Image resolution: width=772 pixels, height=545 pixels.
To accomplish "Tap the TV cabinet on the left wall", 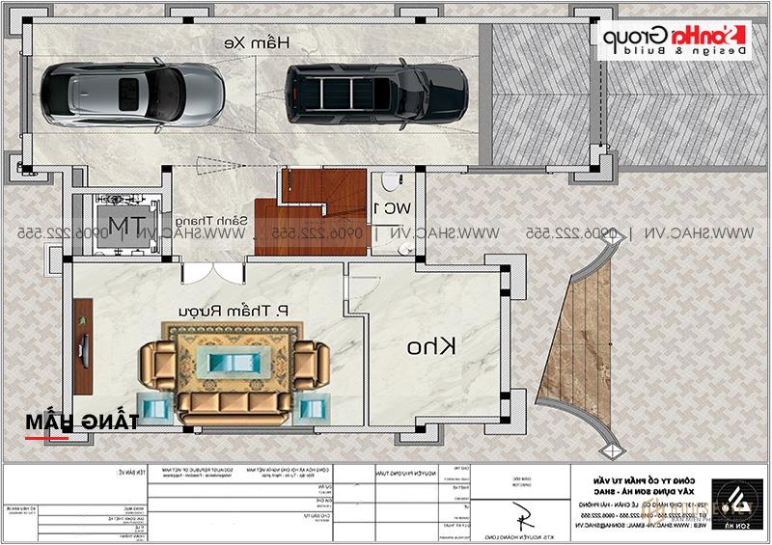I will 84,345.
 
